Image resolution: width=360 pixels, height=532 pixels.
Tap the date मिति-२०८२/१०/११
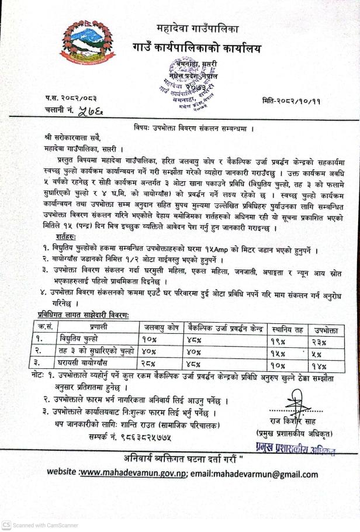(x=299, y=100)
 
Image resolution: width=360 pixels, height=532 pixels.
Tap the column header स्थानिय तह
(x=286, y=329)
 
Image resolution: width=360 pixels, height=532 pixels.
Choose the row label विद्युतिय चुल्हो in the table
(x=79, y=339)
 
